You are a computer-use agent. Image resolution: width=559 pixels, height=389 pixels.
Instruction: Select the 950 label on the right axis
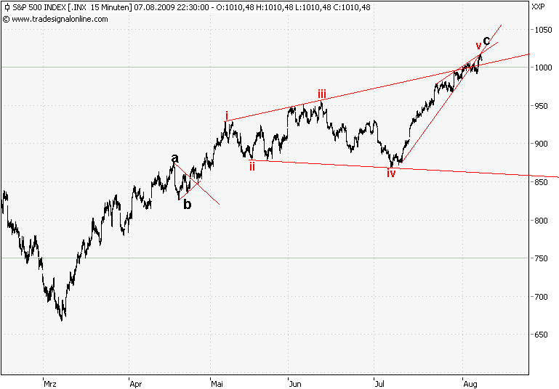[x=540, y=106]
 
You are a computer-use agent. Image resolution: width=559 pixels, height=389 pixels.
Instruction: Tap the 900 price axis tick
[x=540, y=144]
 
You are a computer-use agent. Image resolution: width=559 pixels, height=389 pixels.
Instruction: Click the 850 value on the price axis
[x=540, y=182]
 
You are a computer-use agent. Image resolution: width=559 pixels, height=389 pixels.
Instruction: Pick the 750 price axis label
[x=540, y=258]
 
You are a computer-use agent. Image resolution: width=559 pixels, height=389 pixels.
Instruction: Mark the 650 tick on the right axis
[x=540, y=335]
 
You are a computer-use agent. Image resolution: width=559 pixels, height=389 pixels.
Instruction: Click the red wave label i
[x=227, y=116]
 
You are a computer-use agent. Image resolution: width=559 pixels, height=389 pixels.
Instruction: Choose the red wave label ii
[x=252, y=166]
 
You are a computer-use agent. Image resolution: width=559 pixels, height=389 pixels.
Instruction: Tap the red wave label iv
[x=391, y=173]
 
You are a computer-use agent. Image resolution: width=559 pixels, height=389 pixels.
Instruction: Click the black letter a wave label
[x=174, y=158]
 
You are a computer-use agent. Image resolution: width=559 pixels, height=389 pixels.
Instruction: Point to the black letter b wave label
[x=188, y=205]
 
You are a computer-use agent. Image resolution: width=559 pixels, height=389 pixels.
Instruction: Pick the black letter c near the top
[x=486, y=41]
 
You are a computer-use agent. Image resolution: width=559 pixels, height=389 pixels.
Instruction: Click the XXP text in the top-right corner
[x=538, y=7]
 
